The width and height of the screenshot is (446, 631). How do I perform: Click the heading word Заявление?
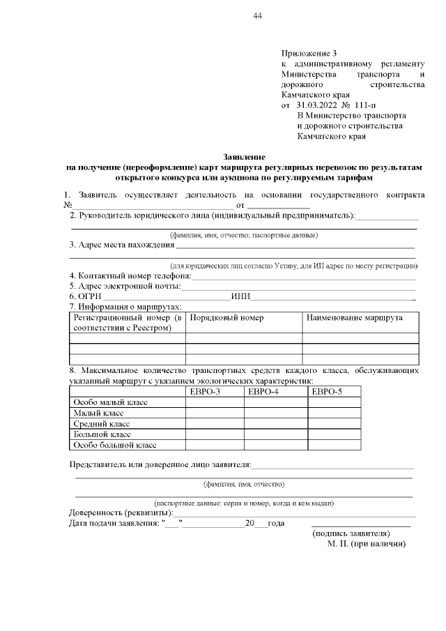pyautogui.click(x=244, y=158)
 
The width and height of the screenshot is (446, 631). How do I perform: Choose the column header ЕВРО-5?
pyautogui.click(x=327, y=392)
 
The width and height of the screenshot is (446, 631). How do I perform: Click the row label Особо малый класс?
pyautogui.click(x=110, y=402)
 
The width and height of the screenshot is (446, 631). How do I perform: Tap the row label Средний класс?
pyautogui.click(x=102, y=423)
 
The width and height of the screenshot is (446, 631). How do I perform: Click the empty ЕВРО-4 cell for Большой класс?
pyautogui.click(x=275, y=434)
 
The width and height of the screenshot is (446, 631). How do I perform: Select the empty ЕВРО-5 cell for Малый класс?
pyautogui.click(x=334, y=413)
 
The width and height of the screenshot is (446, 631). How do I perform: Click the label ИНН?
pyautogui.click(x=241, y=296)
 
